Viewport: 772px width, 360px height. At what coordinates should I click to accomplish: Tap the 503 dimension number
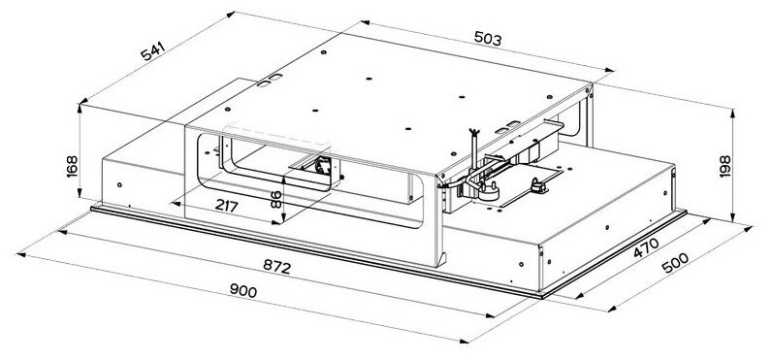[488, 40]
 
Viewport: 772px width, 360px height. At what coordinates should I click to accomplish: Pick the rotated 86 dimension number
[274, 200]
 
